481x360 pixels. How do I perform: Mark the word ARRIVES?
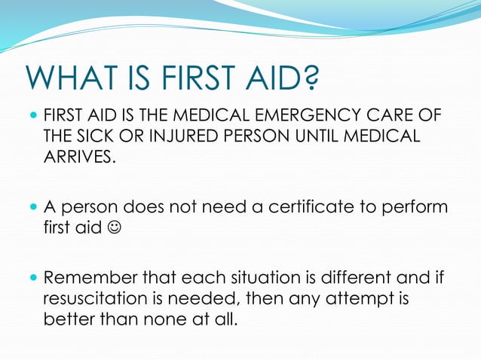(x=80, y=157)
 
